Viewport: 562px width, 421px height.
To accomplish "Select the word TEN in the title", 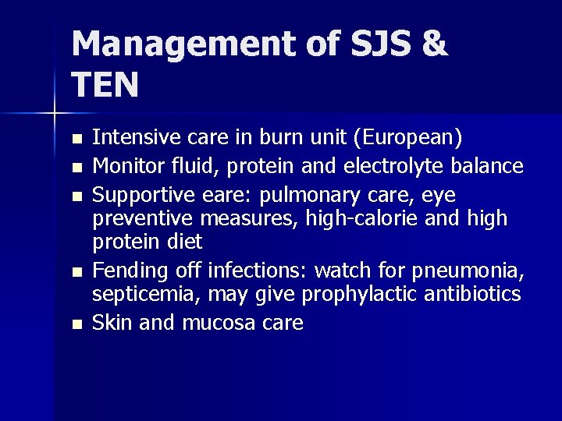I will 105,84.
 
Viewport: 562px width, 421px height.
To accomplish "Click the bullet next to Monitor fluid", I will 75,167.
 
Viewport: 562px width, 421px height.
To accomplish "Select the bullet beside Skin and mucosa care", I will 75,324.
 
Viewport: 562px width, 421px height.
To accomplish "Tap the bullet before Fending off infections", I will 75,272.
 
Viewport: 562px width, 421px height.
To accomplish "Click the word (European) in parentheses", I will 408,138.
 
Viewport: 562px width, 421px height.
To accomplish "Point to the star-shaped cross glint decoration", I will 55,114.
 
